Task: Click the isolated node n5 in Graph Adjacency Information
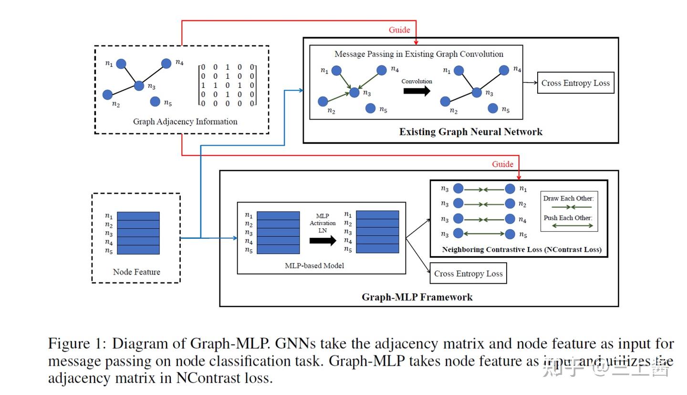coord(155,101)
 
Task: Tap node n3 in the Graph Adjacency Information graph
coord(139,85)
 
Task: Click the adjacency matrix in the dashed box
coord(228,85)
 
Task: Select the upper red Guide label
coord(399,30)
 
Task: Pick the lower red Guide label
coord(502,164)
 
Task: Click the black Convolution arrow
coord(416,91)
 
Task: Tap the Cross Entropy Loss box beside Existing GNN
coord(575,83)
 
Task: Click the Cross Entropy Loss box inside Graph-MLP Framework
coord(468,274)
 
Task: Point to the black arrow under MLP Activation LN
coord(323,240)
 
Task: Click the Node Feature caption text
coord(136,272)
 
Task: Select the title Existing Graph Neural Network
coord(470,132)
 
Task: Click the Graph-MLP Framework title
coord(417,297)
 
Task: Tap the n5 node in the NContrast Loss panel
coord(510,234)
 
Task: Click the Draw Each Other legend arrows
coord(571,207)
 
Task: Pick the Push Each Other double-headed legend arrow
coord(571,226)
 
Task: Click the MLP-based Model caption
coord(314,266)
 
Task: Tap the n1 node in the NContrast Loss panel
coord(510,189)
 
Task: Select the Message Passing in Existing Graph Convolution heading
coord(418,54)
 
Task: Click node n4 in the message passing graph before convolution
coord(381,71)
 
